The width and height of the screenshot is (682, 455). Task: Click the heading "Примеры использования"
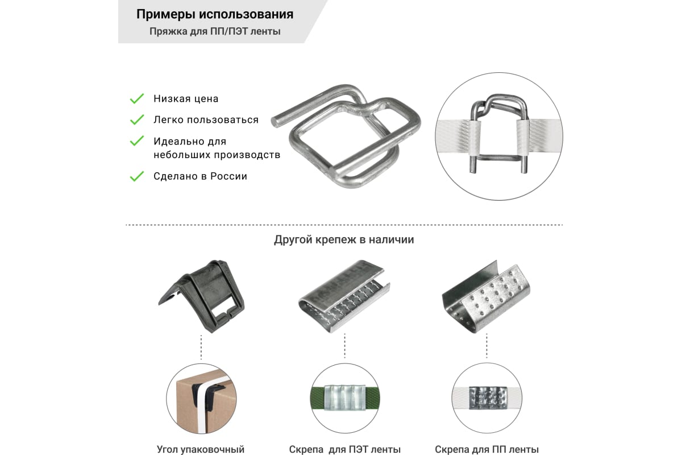[x=215, y=14]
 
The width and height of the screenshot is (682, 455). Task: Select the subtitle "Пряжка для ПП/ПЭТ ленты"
[x=215, y=31]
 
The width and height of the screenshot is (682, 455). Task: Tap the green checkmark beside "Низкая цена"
[x=137, y=99]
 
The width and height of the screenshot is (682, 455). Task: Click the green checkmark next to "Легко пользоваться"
[x=137, y=120]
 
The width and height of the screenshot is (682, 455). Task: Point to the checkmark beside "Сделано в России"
[x=137, y=176]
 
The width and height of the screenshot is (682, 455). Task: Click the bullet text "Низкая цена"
[x=186, y=99]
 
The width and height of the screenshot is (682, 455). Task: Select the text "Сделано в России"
[x=200, y=176]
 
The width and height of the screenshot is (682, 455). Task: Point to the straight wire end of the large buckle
[x=276, y=121]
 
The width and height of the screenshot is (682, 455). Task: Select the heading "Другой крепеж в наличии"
[x=344, y=239]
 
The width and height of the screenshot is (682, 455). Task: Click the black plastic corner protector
[x=201, y=296]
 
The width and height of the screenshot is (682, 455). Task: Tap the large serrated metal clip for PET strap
[x=344, y=296]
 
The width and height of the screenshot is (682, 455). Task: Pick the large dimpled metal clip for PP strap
[x=486, y=296]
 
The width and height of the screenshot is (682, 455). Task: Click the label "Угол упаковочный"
[x=201, y=449]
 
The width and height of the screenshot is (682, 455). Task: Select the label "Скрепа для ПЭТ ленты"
[x=344, y=449]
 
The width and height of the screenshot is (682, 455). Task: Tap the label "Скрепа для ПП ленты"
[x=486, y=449]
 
